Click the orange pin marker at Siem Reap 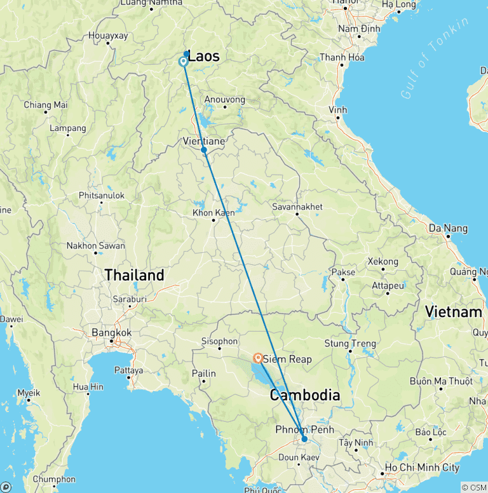click(x=259, y=358)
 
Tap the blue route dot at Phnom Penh click(x=304, y=439)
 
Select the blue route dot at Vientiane click(x=203, y=150)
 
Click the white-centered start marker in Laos click(x=183, y=62)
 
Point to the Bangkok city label click(x=111, y=332)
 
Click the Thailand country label click(x=134, y=275)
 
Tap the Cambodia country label click(x=304, y=395)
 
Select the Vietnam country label click(x=454, y=312)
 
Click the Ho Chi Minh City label click(x=425, y=468)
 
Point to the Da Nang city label click(x=448, y=228)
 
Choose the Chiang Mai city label click(x=46, y=105)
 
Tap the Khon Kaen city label click(x=213, y=213)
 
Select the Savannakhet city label click(x=297, y=207)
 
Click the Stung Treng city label click(x=346, y=344)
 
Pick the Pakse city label click(x=343, y=272)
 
